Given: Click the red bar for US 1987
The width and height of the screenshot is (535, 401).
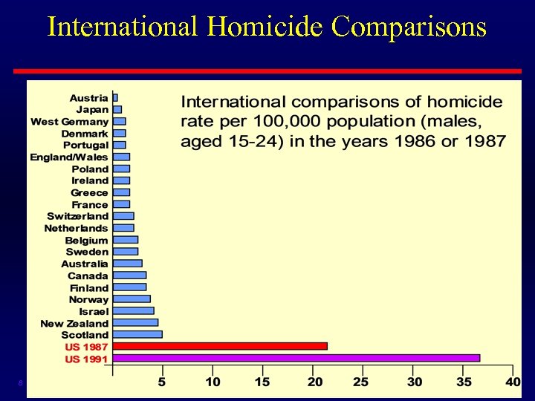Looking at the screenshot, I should coord(220,346).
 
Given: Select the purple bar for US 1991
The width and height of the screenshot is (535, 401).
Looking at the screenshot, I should coord(296,358).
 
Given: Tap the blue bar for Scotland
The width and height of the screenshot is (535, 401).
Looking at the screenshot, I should coord(137,334).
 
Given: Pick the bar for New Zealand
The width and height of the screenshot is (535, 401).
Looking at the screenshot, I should coord(135,322).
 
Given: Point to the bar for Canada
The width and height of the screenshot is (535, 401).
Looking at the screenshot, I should coord(129,275).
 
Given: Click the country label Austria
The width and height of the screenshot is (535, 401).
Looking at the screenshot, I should coord(88,97).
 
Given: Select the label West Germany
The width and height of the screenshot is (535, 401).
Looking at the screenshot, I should coord(69,121).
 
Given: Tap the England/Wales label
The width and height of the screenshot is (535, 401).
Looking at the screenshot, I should coord(68,157).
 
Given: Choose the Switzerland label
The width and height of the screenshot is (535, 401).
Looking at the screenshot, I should coord(77,216).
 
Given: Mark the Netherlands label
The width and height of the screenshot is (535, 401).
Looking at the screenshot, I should coord(76,228).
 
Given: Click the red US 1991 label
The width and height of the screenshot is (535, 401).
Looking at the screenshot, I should coord(86,359).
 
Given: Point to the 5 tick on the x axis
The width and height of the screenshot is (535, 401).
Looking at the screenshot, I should coord(161,382).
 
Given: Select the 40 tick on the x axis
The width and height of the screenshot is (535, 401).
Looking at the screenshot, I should coord(512,382).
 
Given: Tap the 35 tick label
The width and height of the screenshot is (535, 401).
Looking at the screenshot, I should coord(464,382).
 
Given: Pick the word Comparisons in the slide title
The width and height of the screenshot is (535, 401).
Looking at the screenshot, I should coord(409,27).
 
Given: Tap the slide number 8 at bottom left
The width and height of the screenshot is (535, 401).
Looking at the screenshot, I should coord(21,383).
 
